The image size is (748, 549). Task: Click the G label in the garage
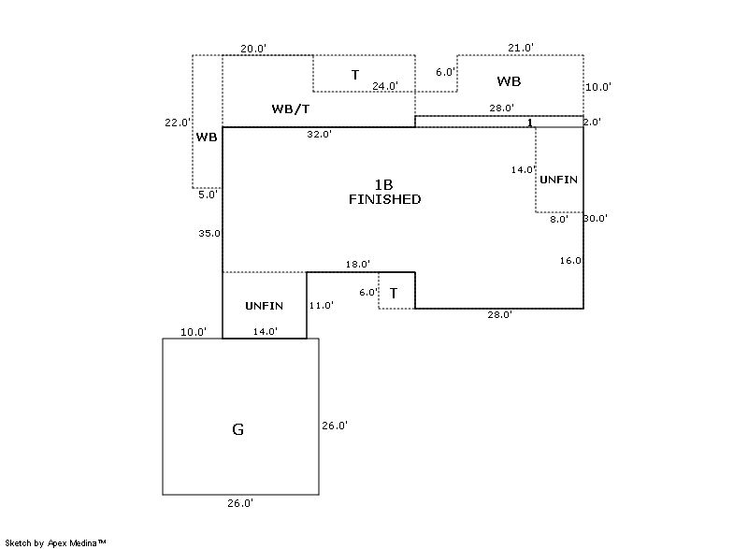click(237, 430)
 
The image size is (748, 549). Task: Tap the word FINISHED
click(384, 199)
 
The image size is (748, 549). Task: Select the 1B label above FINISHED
click(384, 184)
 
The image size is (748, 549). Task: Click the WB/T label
click(291, 109)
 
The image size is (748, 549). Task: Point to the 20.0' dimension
click(253, 49)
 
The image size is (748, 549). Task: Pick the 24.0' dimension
click(385, 86)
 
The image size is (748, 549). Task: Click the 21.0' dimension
click(521, 48)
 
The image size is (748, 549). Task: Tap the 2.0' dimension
click(593, 122)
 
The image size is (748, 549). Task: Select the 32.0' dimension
click(319, 135)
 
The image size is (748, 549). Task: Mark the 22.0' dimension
click(177, 122)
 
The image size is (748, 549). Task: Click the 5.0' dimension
click(208, 195)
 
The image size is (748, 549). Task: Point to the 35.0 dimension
click(209, 234)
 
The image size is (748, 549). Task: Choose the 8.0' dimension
click(558, 219)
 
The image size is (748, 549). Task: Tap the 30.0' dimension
click(596, 219)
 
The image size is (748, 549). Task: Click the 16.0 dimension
click(571, 261)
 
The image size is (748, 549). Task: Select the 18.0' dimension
click(358, 265)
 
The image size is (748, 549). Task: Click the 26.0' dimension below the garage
click(240, 503)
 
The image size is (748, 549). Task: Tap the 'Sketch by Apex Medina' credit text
click(55, 542)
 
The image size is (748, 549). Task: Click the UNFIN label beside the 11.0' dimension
click(264, 306)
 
